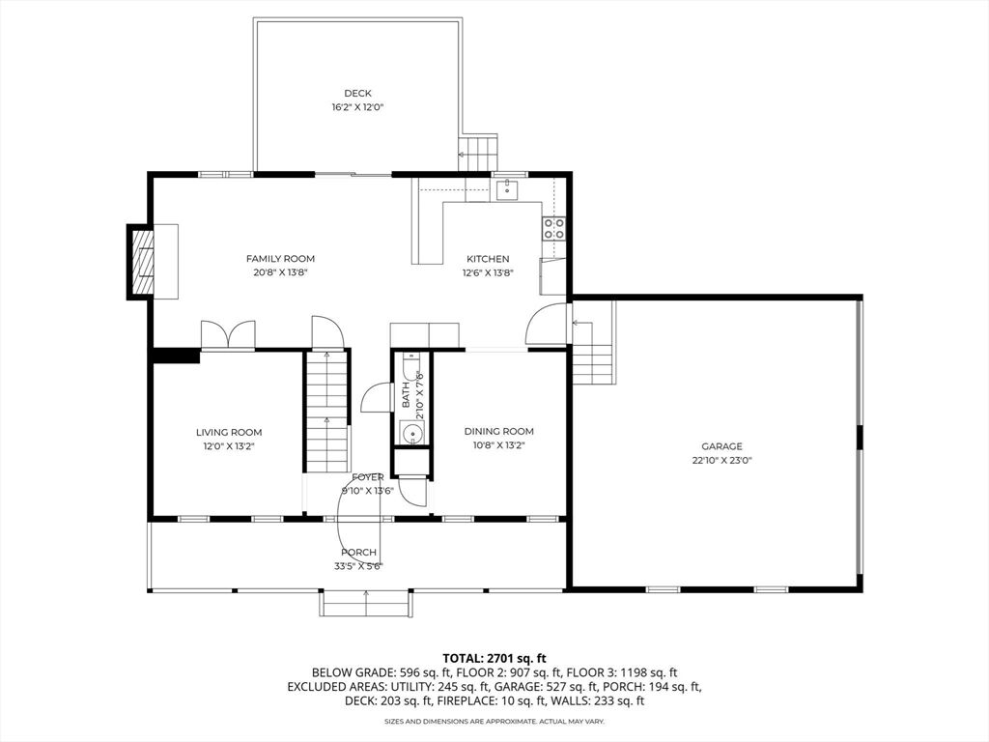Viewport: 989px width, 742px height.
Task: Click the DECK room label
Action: [x=357, y=94]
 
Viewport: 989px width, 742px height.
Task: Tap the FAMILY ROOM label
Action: [x=280, y=259]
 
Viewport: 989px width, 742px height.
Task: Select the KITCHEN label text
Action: [x=488, y=259]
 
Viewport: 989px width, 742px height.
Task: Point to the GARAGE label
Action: [x=722, y=446]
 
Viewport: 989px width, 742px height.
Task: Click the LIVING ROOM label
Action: [x=229, y=432]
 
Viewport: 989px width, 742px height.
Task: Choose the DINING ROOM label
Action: [x=499, y=432]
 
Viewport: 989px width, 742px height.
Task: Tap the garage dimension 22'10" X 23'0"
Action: [x=722, y=461]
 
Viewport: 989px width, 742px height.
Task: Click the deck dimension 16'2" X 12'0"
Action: [x=357, y=107]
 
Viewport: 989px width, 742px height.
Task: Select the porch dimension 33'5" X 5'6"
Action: [x=358, y=566]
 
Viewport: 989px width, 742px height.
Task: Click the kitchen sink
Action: [x=506, y=189]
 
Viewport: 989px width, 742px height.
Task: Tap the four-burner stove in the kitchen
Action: [x=553, y=228]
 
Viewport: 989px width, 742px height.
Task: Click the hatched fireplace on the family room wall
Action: [x=141, y=262]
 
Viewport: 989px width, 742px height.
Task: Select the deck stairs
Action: [x=478, y=152]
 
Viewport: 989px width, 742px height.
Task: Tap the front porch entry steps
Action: [x=366, y=603]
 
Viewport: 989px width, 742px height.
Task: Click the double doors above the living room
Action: [x=228, y=335]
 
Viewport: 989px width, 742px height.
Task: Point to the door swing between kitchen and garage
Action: [x=547, y=325]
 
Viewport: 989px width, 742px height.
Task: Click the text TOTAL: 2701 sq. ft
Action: [x=494, y=660]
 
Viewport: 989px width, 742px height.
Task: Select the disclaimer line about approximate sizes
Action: [x=494, y=721]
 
